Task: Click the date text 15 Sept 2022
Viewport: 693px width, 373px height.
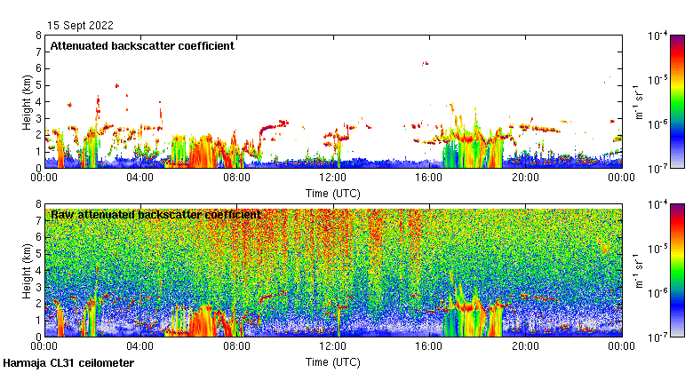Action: [81, 26]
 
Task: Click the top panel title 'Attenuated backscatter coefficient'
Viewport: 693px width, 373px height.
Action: [142, 46]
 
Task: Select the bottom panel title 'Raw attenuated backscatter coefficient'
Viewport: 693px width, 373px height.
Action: [155, 215]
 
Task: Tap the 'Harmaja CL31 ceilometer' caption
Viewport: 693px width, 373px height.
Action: [68, 363]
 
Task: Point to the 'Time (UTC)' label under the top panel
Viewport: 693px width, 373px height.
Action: [333, 193]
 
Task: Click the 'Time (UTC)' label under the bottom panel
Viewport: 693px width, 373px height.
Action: [333, 362]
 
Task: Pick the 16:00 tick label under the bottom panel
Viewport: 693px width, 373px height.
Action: [429, 347]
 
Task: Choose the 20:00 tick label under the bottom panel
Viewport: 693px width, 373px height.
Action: [525, 347]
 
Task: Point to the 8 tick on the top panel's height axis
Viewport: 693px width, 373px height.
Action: [37, 36]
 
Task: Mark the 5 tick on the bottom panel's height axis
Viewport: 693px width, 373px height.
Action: [37, 254]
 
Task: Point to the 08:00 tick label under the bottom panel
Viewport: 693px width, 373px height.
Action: [236, 347]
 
